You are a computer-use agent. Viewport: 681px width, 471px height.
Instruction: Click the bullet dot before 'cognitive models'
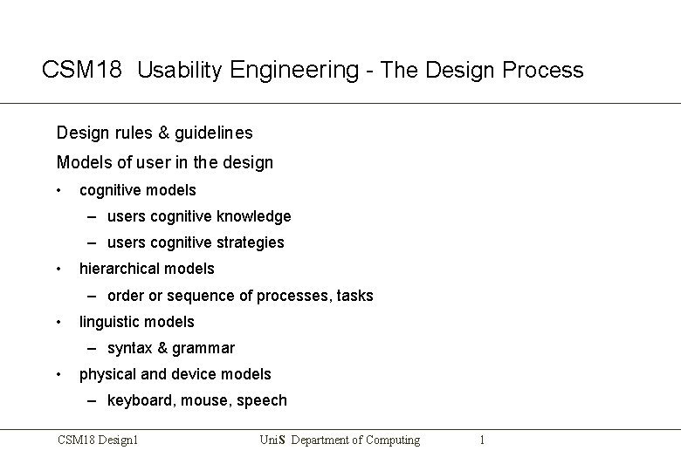(x=58, y=190)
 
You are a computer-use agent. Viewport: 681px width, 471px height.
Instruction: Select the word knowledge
(x=255, y=215)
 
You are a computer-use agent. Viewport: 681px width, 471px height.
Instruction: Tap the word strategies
(x=251, y=242)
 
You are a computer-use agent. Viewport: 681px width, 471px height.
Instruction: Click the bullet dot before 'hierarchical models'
(x=58, y=269)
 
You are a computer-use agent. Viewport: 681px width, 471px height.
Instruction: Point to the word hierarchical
(x=120, y=269)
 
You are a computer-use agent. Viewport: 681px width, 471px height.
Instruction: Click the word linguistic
(x=108, y=322)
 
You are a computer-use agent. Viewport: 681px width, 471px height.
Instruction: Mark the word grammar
(x=203, y=348)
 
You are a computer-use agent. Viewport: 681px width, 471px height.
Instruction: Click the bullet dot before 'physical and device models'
(x=58, y=374)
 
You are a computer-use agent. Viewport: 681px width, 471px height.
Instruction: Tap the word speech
(x=261, y=400)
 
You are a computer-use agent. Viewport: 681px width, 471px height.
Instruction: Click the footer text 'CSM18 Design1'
(x=99, y=440)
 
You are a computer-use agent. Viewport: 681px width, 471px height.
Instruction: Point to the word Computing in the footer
(x=385, y=440)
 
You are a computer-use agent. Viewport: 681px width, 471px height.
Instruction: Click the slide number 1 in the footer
(x=482, y=440)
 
